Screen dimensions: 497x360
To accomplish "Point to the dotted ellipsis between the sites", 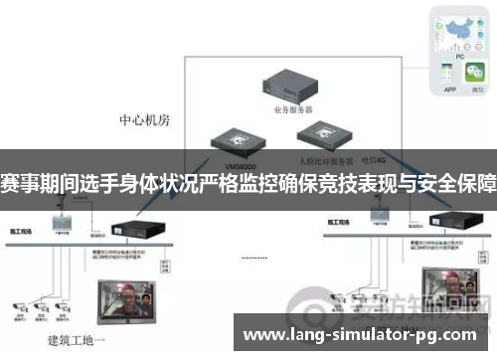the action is coord(255,256).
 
